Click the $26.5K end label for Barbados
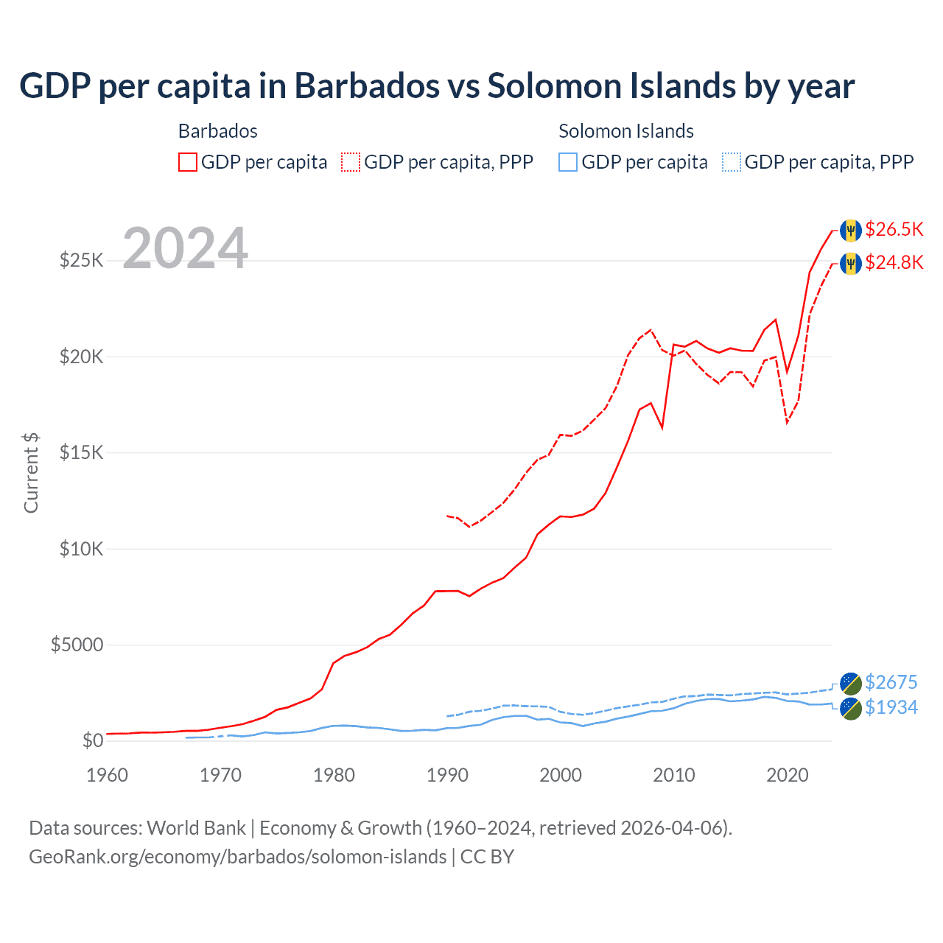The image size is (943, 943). (x=894, y=230)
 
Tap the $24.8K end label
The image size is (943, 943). (x=894, y=263)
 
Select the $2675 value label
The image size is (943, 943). (x=891, y=683)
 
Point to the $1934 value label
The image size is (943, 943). (x=891, y=708)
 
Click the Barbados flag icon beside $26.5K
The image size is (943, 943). (x=851, y=230)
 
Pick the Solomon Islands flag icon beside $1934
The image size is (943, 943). (x=851, y=709)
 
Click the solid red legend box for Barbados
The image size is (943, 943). (x=188, y=162)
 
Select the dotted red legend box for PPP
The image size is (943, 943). (x=351, y=162)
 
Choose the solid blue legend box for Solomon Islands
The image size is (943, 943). (x=568, y=162)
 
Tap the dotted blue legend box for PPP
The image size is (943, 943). (x=732, y=162)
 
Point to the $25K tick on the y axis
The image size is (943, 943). (x=81, y=261)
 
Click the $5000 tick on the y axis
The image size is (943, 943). (x=77, y=645)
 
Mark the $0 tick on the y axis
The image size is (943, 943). (x=92, y=741)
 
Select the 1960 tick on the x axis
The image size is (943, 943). (x=108, y=775)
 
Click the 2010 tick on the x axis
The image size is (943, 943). (x=674, y=775)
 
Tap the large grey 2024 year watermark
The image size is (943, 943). (x=185, y=249)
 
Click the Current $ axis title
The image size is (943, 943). (x=31, y=472)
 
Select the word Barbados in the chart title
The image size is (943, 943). (x=367, y=86)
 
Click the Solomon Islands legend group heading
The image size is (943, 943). (x=625, y=131)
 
